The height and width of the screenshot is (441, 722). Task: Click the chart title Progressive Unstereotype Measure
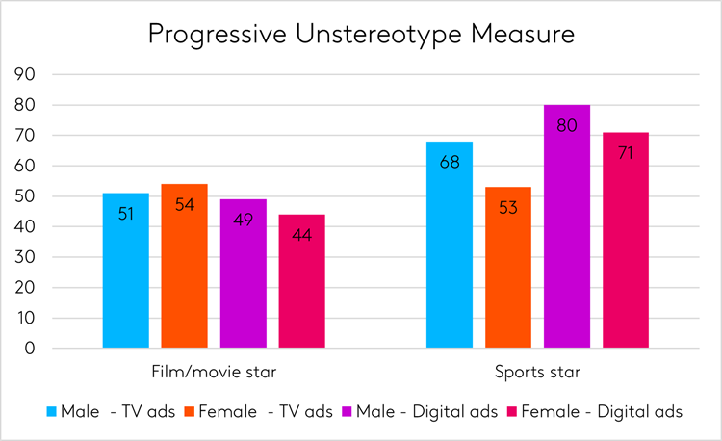(x=361, y=36)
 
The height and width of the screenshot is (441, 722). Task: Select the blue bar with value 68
(x=450, y=245)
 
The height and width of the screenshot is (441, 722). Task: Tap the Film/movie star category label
(x=214, y=372)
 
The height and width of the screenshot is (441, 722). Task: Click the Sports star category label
(x=538, y=372)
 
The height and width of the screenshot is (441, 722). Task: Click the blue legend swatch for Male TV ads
(x=52, y=412)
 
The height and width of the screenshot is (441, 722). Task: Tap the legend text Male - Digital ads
(x=426, y=412)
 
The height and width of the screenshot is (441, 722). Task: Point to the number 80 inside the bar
(x=567, y=125)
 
